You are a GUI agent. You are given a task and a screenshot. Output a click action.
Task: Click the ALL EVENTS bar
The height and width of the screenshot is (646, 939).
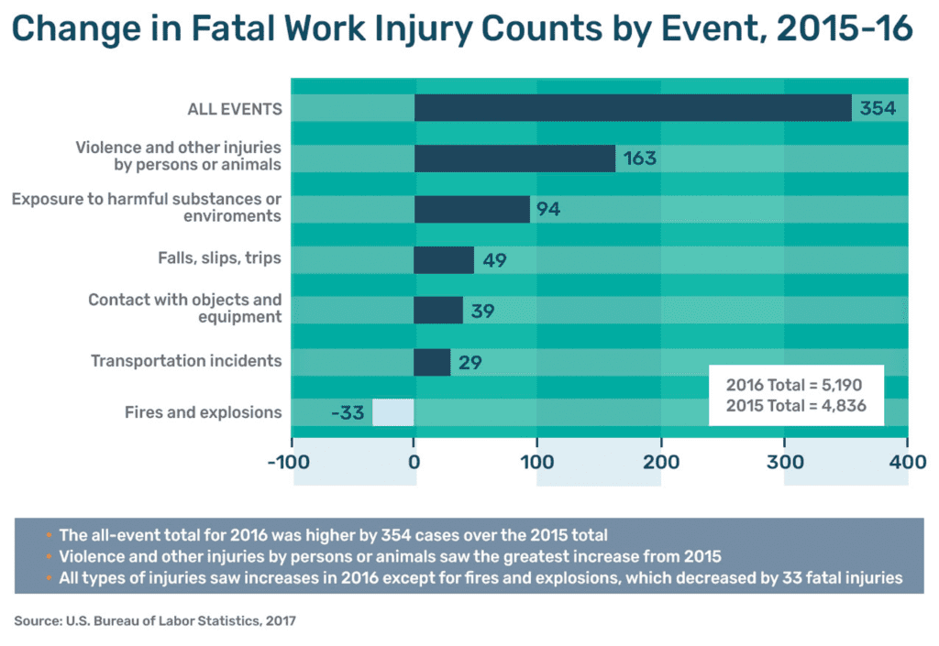[x=633, y=108]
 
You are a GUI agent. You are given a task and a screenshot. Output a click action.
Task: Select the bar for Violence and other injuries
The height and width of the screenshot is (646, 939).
[x=514, y=159]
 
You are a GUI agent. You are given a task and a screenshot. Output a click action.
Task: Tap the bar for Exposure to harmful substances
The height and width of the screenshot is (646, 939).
[x=471, y=209]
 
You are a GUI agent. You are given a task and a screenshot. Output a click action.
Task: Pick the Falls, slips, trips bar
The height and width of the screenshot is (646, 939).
[x=444, y=260]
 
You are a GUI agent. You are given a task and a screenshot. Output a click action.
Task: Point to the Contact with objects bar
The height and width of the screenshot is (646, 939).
[x=438, y=311]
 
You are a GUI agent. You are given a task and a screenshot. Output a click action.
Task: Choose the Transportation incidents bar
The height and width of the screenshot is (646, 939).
[x=432, y=362]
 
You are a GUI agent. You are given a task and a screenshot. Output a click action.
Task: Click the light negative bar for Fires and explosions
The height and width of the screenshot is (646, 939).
[x=393, y=412]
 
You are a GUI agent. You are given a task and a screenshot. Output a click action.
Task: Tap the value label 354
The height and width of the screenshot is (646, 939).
[x=877, y=108]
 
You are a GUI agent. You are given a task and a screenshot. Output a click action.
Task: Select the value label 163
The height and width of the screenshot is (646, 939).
[x=639, y=159]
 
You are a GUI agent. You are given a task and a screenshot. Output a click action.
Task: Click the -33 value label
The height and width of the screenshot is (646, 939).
[x=348, y=412]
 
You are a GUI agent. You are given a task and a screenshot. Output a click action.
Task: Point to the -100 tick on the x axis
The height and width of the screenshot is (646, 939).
[x=293, y=462]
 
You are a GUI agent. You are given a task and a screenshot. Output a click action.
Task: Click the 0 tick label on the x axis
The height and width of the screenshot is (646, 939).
[x=414, y=462]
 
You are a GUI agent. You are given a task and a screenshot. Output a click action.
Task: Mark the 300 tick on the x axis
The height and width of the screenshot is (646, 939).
[x=784, y=462]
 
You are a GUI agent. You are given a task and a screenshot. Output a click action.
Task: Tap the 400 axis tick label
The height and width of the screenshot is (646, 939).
[x=907, y=462]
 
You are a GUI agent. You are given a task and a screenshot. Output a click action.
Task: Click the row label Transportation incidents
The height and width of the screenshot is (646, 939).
[x=186, y=361]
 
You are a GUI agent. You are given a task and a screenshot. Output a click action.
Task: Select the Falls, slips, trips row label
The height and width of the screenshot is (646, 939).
[x=218, y=259]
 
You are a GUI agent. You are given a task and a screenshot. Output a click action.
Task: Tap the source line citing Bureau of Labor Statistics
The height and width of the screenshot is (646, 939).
[x=155, y=621]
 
